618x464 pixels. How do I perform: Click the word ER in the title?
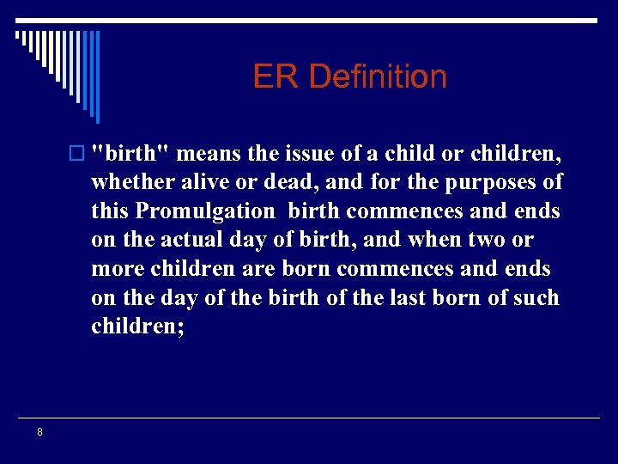click(x=276, y=77)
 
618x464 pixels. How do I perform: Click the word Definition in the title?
click(x=378, y=77)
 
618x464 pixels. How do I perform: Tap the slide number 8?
click(x=39, y=432)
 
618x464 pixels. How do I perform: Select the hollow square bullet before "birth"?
click(x=81, y=154)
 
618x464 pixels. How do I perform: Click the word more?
click(x=119, y=270)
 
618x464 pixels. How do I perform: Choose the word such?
click(x=533, y=298)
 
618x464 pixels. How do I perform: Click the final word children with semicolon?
click(x=137, y=327)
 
